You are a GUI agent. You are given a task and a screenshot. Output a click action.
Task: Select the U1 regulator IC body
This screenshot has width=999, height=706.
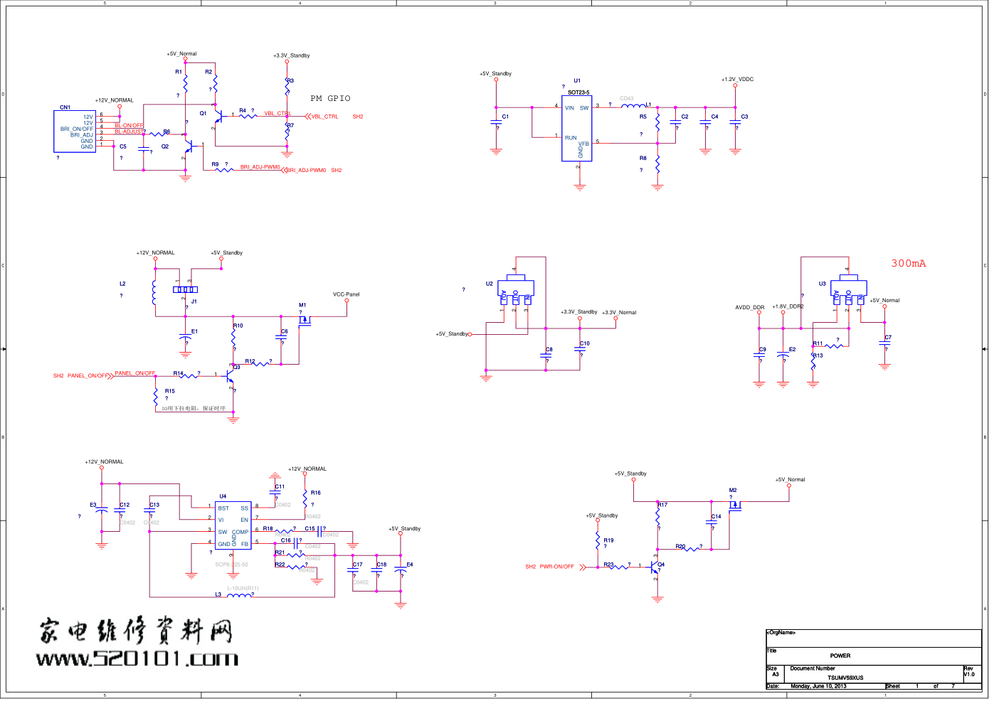[x=577, y=128]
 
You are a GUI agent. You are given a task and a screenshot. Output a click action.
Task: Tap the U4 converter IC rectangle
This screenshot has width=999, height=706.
[x=233, y=525]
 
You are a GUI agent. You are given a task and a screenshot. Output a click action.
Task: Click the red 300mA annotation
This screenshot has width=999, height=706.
[x=909, y=263]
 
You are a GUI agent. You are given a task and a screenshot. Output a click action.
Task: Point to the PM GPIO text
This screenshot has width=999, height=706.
[x=330, y=98]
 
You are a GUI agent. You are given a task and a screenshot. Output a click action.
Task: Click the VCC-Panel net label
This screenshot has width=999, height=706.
[x=347, y=294]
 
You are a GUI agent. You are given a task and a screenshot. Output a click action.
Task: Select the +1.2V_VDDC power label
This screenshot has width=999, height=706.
[x=737, y=80]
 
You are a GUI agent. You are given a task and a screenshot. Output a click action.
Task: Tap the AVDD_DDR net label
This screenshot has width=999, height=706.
[x=749, y=308]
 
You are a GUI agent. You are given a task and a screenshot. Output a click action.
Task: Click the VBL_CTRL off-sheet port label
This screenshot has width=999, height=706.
[x=325, y=117]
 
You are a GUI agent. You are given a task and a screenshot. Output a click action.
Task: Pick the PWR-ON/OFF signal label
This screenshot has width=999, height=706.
[x=556, y=567]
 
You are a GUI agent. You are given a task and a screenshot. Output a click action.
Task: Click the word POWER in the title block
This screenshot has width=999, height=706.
[x=840, y=656]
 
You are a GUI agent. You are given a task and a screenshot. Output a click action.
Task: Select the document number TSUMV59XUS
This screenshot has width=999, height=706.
[x=845, y=678]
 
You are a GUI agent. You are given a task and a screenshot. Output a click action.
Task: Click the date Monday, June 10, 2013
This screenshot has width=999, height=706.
[x=818, y=686]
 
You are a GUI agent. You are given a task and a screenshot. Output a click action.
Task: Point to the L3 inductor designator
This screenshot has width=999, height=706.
[x=218, y=594]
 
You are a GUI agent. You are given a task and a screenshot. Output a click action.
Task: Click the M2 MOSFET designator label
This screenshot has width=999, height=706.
[x=733, y=490]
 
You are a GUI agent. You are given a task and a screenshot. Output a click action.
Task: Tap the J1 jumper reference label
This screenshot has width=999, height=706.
[x=194, y=301]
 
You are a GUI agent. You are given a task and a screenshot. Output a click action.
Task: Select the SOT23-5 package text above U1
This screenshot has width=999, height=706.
[x=578, y=92]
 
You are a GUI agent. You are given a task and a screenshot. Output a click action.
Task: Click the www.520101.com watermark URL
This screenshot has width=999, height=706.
[x=137, y=659]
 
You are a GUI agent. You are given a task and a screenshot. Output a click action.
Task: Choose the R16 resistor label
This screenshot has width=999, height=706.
[x=315, y=493]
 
